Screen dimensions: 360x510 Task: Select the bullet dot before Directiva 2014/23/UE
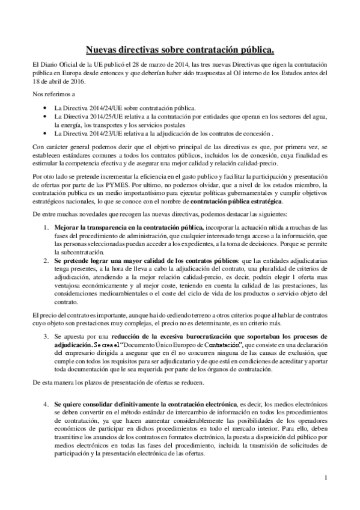pyautogui.click(x=46, y=134)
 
